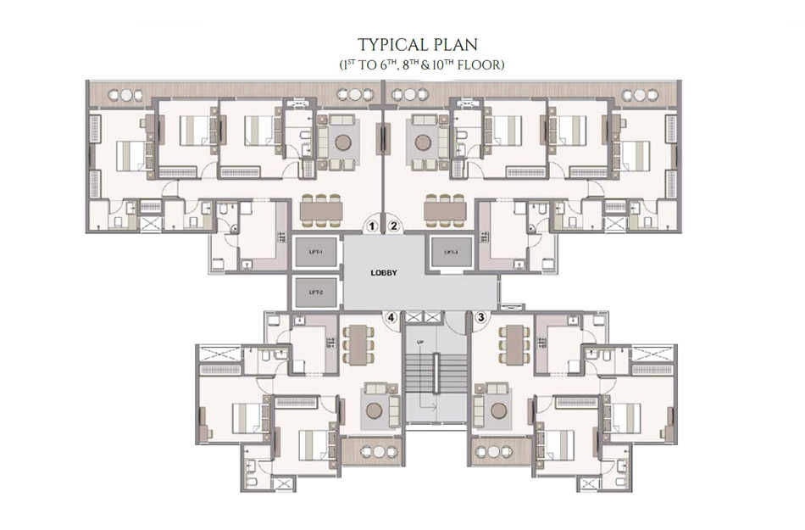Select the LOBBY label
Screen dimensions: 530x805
click(384, 273)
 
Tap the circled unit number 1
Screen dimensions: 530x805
click(371, 226)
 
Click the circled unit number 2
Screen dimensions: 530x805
click(394, 226)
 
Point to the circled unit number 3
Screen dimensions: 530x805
click(481, 319)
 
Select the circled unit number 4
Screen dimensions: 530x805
click(391, 319)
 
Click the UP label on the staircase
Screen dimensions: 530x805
click(419, 343)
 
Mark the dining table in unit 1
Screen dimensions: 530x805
click(322, 209)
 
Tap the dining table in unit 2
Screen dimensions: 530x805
click(445, 209)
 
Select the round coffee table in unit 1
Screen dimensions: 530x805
click(342, 142)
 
